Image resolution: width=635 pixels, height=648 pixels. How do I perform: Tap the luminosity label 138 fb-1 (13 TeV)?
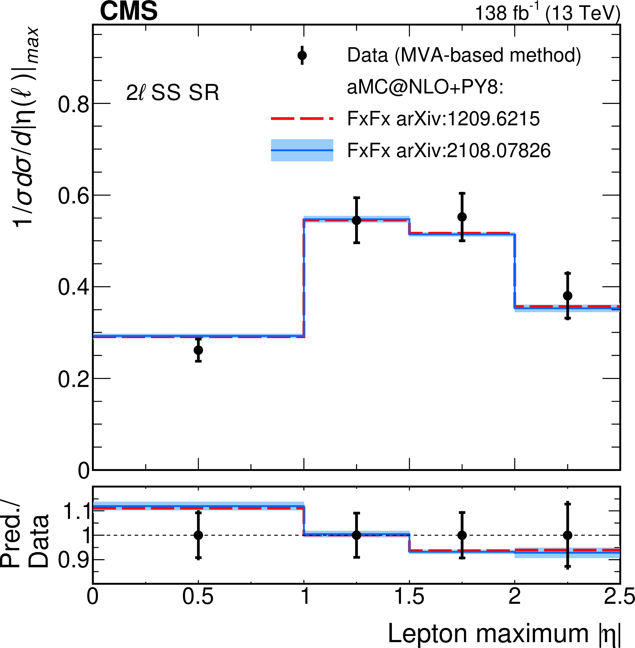pos(547,13)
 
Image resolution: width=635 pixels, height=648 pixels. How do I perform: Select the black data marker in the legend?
pos(302,55)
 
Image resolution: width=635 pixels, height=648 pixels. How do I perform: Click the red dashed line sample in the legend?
pos(302,118)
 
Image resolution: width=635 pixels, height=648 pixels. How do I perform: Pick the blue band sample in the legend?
pos(302,150)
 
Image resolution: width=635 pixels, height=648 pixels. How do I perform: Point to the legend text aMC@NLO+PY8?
pos(425,87)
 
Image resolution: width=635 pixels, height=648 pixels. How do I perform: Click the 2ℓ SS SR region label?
pos(173,92)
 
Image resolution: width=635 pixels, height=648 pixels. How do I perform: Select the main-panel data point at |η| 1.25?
pos(357,220)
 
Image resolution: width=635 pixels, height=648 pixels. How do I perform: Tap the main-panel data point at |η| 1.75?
pos(462,217)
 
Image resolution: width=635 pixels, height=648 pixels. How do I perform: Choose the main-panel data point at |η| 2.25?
pos(568,296)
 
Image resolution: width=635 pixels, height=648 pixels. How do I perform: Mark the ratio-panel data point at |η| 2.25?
pos(568,535)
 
